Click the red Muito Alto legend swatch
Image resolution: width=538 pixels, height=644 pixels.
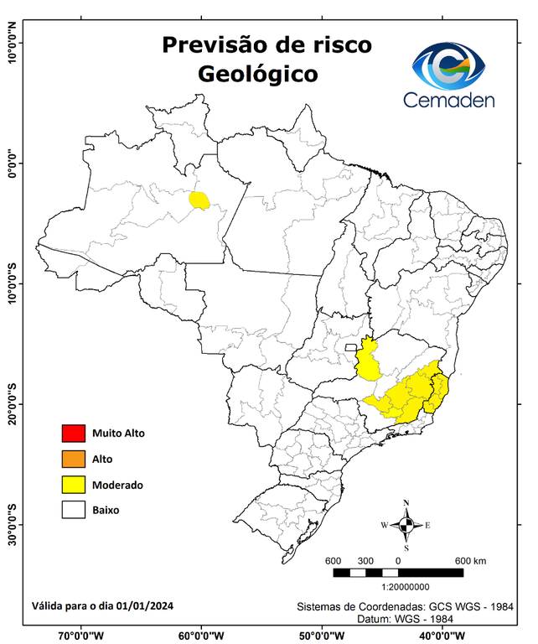click(x=73, y=434)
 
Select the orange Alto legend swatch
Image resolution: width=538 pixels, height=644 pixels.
click(x=73, y=459)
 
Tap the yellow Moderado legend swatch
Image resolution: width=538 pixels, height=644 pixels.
click(x=73, y=484)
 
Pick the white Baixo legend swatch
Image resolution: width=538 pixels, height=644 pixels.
click(x=73, y=509)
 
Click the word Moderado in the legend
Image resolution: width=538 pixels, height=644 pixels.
click(x=117, y=485)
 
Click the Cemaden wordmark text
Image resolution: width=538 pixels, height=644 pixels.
click(x=449, y=101)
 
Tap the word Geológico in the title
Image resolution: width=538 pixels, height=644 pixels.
click(x=257, y=74)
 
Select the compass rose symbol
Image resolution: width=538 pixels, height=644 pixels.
click(x=406, y=525)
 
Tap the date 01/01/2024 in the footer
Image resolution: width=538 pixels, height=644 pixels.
click(x=145, y=605)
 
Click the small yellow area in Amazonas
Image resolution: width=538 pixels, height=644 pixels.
click(x=199, y=200)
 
